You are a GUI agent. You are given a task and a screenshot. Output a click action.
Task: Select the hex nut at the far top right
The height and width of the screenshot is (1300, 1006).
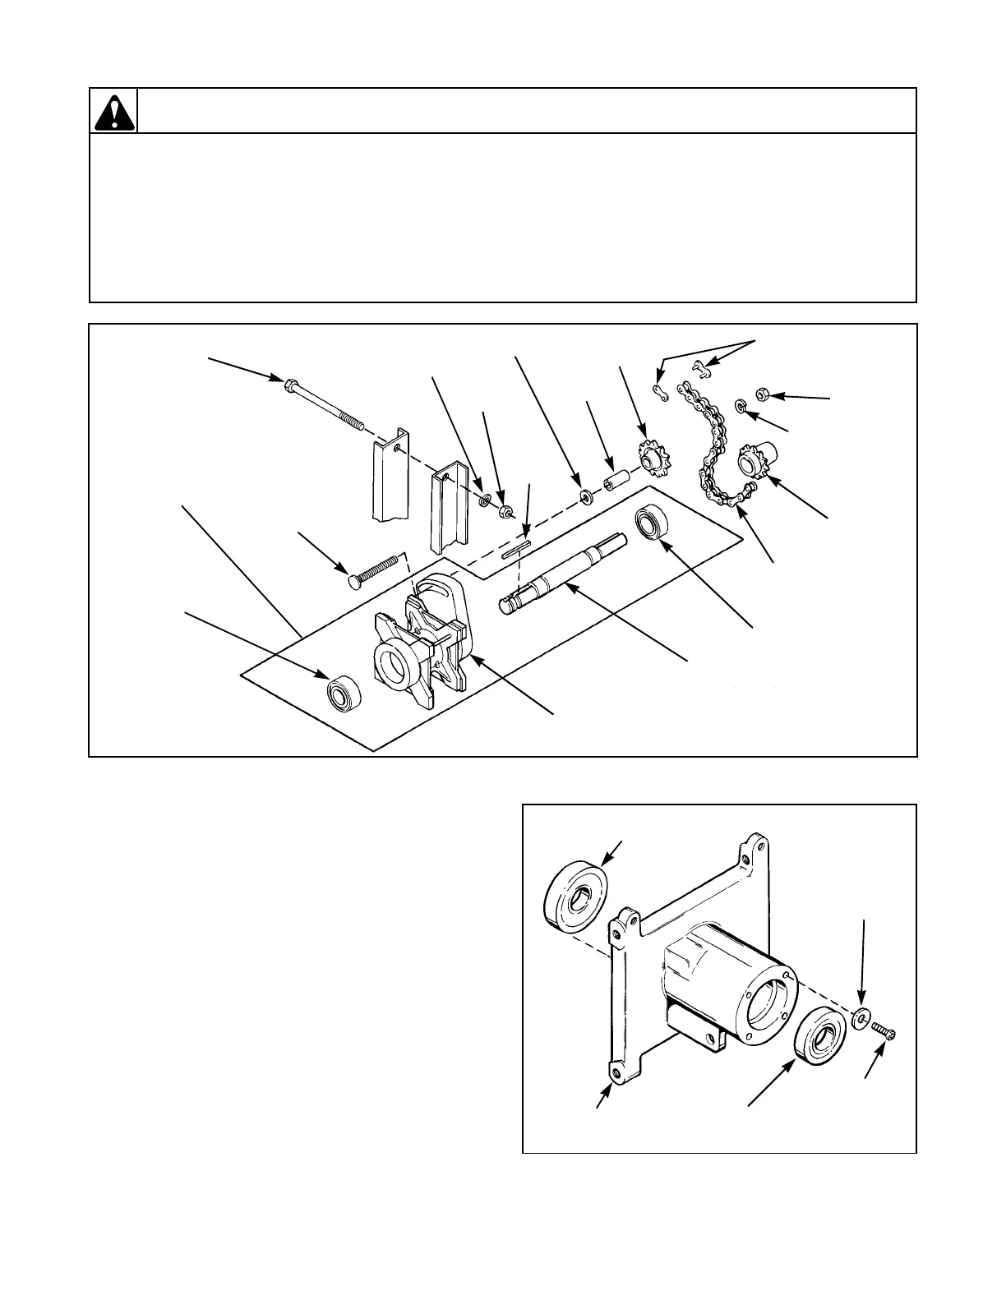coord(762,394)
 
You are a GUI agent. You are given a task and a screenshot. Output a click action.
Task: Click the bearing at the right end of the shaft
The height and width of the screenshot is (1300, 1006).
coord(653,523)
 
